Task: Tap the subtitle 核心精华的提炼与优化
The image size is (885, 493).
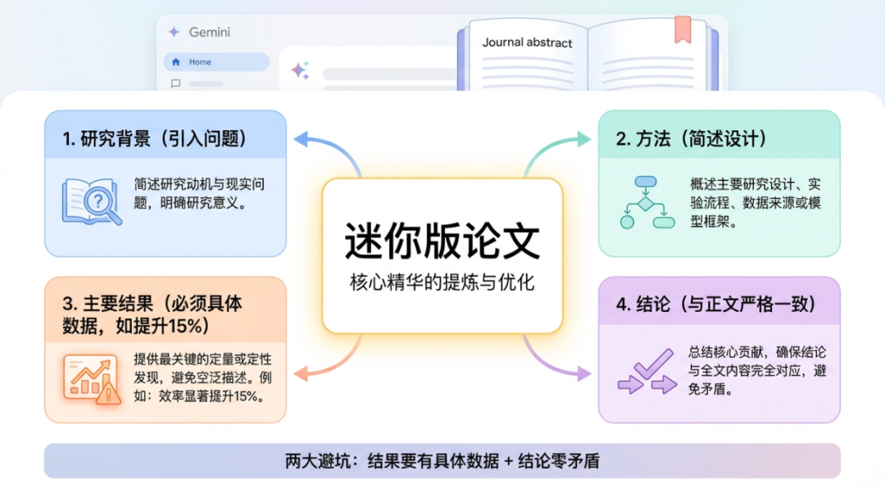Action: click(x=442, y=283)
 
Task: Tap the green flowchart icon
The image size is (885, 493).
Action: click(x=646, y=201)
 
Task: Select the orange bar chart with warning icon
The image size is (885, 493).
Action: click(x=93, y=378)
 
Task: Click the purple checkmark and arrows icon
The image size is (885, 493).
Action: click(x=646, y=376)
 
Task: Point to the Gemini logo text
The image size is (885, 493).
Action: click(x=209, y=33)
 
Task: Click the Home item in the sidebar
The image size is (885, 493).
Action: click(x=200, y=62)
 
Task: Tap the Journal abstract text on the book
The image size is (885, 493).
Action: click(x=527, y=43)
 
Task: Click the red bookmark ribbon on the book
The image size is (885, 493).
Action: click(x=683, y=29)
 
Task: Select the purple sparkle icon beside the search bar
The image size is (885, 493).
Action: click(x=300, y=71)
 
